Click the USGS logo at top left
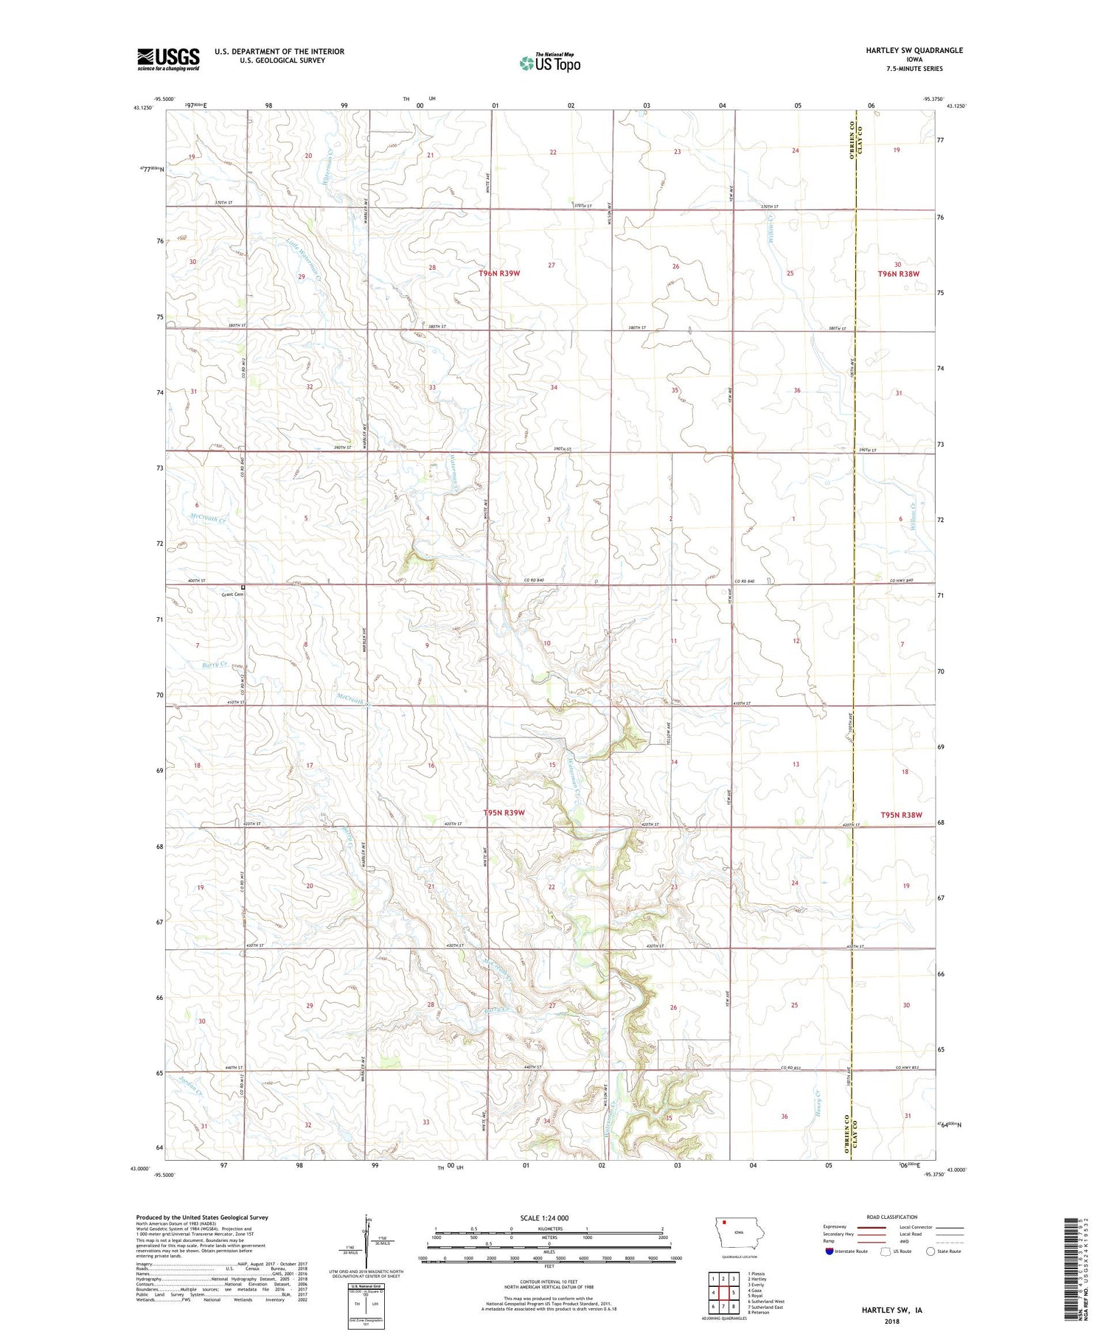(168, 59)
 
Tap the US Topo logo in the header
(549, 63)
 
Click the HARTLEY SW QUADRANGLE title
(914, 50)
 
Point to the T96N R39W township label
(499, 274)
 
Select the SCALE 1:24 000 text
(549, 1218)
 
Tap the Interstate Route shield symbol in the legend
(829, 1251)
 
